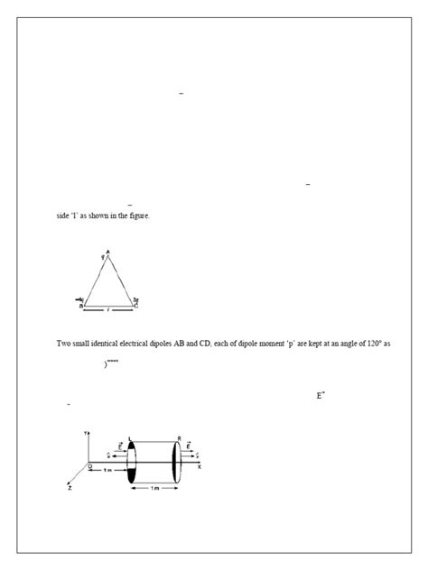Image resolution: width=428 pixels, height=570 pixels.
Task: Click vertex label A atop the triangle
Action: (107, 251)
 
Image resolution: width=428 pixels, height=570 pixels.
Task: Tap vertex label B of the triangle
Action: (81, 307)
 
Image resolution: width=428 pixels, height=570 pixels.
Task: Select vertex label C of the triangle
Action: (136, 307)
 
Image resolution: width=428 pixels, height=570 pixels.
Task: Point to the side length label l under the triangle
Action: (108, 308)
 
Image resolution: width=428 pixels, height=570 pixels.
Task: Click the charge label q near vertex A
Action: (103, 257)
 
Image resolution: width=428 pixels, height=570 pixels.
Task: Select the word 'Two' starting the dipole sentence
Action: (63, 344)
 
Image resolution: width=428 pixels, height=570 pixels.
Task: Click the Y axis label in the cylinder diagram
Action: (86, 433)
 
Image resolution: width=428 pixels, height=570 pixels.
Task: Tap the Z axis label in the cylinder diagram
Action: (70, 487)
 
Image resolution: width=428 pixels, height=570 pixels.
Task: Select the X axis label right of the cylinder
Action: (200, 467)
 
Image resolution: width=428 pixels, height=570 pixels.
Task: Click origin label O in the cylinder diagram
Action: (88, 465)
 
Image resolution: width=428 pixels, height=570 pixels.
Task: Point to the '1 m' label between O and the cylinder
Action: (107, 471)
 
